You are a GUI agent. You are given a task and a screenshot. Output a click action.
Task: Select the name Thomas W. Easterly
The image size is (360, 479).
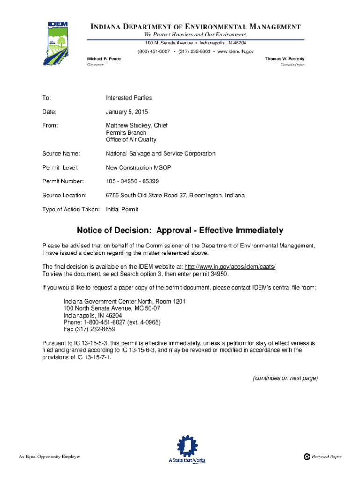click(284, 59)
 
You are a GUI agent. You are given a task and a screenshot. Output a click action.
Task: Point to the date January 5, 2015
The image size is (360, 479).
click(126, 112)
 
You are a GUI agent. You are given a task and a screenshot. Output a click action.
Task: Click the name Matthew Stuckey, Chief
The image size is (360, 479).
click(137, 126)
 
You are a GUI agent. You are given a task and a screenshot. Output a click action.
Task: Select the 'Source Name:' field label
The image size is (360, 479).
click(61, 153)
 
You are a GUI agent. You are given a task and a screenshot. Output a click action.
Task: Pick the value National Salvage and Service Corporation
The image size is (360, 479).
click(160, 153)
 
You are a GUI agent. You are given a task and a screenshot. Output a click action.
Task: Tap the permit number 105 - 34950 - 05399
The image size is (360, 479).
click(136, 181)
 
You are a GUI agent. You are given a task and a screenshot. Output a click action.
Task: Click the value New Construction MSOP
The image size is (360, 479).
click(136, 167)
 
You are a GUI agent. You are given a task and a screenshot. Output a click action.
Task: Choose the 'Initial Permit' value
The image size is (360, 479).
click(122, 210)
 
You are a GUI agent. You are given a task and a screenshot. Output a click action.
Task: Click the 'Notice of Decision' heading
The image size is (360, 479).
click(180, 231)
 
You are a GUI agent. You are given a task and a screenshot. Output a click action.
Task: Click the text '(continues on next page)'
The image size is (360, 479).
click(285, 378)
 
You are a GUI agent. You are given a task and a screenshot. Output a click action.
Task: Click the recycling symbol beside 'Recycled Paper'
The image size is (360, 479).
click(307, 457)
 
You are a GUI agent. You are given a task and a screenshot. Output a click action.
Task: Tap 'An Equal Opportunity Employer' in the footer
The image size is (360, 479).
click(50, 457)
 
